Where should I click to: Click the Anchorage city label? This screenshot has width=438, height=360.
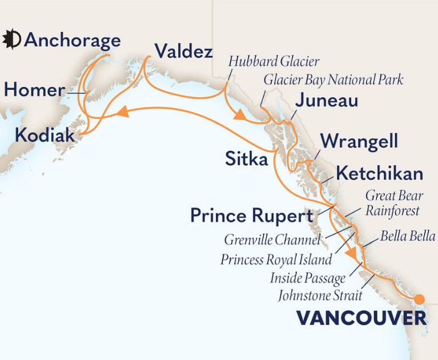(x=73, y=41)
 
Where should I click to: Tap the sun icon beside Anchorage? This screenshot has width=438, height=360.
(x=12, y=40)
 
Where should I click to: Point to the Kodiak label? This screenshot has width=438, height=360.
(x=45, y=135)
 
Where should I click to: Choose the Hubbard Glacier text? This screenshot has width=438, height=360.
(x=273, y=61)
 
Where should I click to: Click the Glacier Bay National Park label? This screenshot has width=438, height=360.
(x=333, y=79)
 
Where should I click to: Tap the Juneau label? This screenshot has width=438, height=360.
(x=327, y=102)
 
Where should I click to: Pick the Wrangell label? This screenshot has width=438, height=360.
(x=359, y=141)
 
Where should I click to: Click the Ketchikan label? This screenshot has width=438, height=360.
(x=379, y=173)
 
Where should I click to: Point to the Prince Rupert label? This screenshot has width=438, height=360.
(x=252, y=217)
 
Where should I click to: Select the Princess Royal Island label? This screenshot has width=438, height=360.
(x=276, y=259)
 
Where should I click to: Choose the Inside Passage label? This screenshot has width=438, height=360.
(x=309, y=278)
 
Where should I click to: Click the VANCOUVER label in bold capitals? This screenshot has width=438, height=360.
(x=361, y=318)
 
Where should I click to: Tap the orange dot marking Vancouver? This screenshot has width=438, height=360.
(x=420, y=299)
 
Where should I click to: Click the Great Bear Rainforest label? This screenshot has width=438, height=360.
(x=392, y=203)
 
